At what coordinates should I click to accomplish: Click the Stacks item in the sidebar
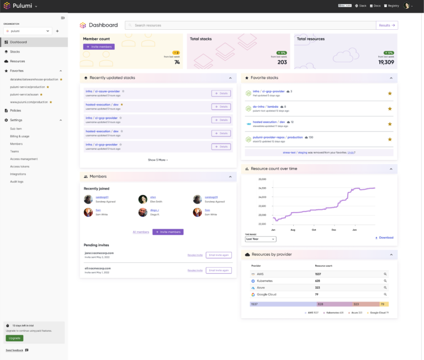pyautogui.click(x=15, y=51)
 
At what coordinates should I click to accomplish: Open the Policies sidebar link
pyautogui.click(x=15, y=110)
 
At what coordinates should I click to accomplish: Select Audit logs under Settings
pyautogui.click(x=17, y=181)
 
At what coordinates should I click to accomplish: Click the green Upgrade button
pyautogui.click(x=14, y=338)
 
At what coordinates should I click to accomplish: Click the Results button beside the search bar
pyautogui.click(x=386, y=25)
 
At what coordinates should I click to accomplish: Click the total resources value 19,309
pyautogui.click(x=386, y=62)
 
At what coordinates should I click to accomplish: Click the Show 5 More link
pyautogui.click(x=157, y=160)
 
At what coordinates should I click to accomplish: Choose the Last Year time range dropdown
pyautogui.click(x=261, y=239)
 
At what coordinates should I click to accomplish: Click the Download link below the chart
pyautogui.click(x=384, y=237)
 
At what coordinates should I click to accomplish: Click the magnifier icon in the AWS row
pyautogui.click(x=385, y=274)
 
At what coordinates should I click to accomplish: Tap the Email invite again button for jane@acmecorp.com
pyautogui.click(x=219, y=255)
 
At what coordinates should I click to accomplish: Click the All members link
pyautogui.click(x=141, y=232)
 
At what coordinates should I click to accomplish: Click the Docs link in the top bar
pyautogui.click(x=375, y=6)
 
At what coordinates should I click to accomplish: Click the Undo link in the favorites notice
pyautogui.click(x=351, y=152)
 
